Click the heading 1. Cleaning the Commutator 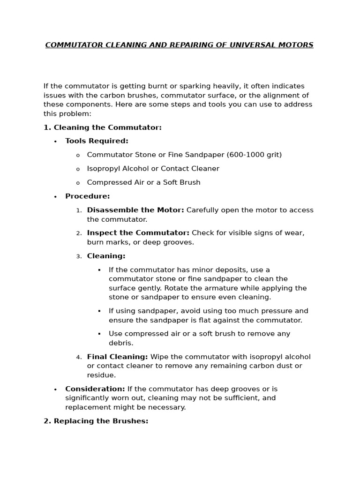(102, 127)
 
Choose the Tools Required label (97, 141)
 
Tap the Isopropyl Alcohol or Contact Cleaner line (153, 169)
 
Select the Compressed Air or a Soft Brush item (143, 182)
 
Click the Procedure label (88, 196)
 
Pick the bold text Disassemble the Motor (135, 210)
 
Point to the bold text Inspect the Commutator (138, 233)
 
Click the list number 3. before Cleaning (79, 256)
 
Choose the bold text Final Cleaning (117, 357)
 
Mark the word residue (101, 375)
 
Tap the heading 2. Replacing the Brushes (96, 421)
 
